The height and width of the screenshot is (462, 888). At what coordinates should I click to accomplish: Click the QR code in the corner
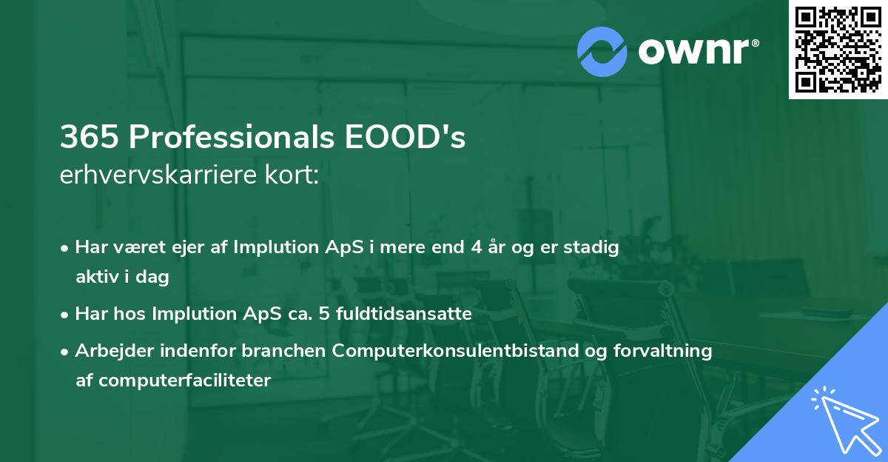point(838,50)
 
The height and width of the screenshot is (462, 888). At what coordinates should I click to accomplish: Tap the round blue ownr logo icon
point(602,51)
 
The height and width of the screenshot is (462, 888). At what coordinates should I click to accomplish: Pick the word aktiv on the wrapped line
point(97,277)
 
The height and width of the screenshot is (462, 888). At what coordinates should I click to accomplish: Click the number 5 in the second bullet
point(323,314)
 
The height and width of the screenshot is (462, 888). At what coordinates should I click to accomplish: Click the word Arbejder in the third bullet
point(107,351)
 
